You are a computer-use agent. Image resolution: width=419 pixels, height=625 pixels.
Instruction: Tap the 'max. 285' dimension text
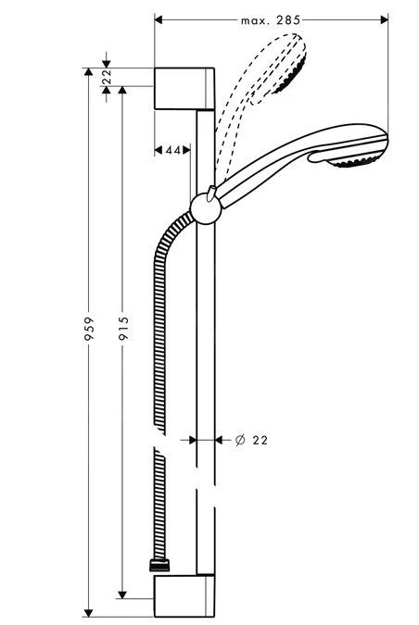[271, 19]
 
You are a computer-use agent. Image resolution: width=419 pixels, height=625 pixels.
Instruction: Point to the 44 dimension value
[171, 150]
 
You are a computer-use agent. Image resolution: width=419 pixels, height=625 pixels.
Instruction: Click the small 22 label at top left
[107, 77]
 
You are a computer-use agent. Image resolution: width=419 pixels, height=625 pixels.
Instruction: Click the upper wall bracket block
[185, 89]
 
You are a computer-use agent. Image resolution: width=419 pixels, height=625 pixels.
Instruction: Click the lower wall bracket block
[185, 597]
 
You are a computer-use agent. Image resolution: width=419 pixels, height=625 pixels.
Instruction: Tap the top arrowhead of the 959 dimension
[89, 72]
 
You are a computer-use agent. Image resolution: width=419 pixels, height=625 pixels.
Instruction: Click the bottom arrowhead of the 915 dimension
[122, 594]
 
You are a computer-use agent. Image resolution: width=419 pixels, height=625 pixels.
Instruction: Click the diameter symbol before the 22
[239, 441]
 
